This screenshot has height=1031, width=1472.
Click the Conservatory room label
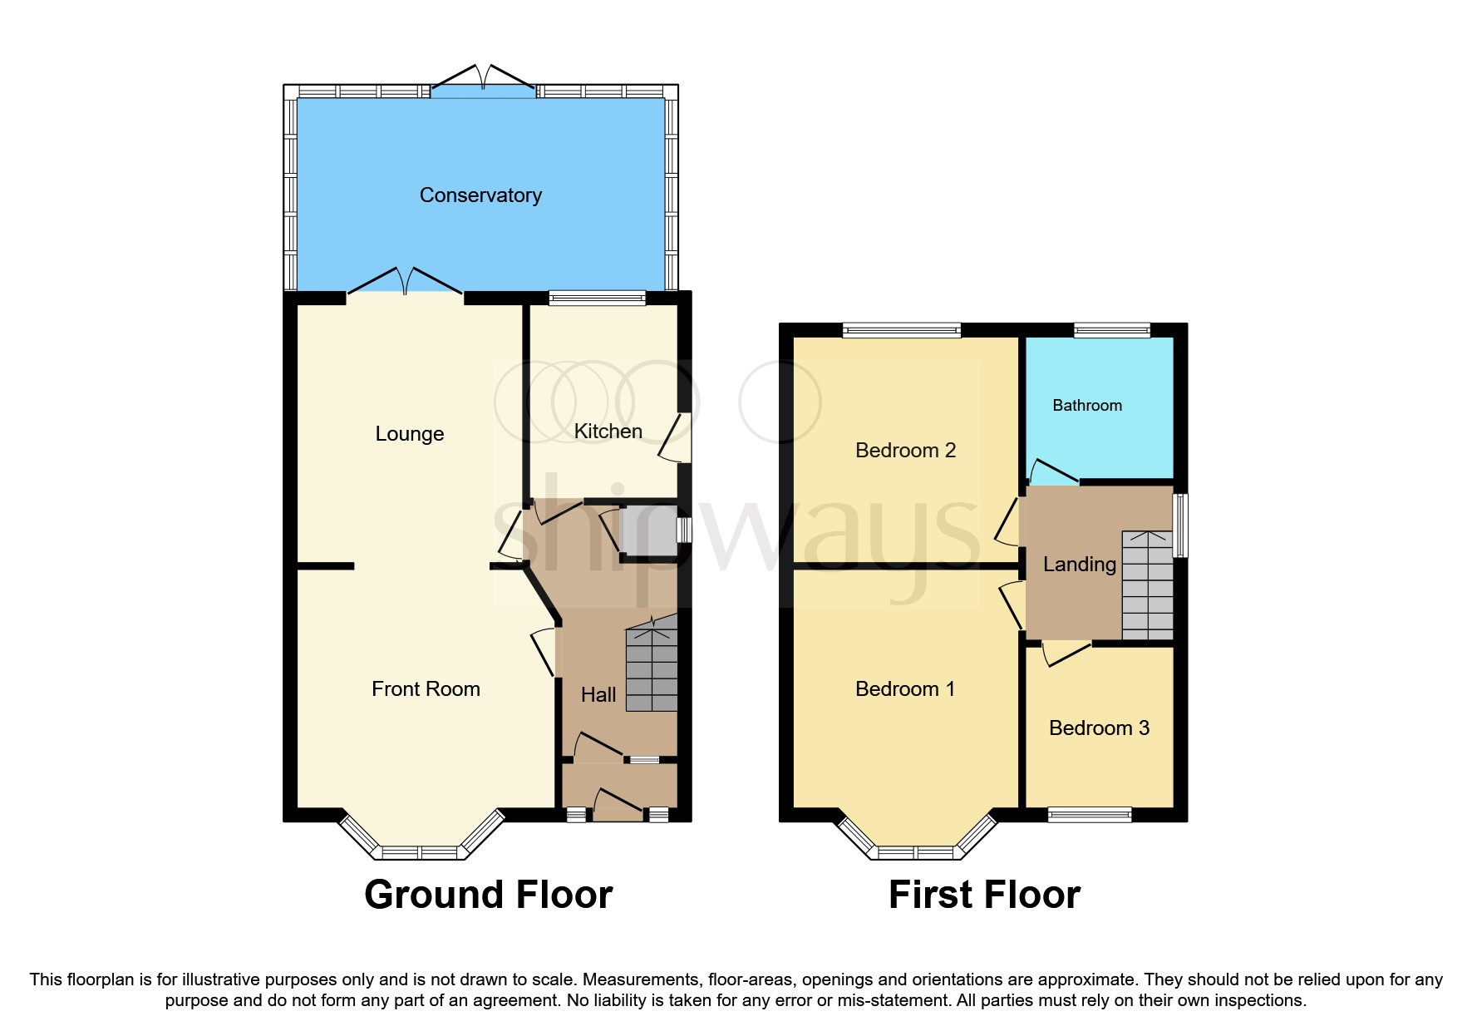[480, 195]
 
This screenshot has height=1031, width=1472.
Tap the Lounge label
[409, 434]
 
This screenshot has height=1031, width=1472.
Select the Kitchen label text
[608, 432]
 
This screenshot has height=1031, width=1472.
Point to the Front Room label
[426, 689]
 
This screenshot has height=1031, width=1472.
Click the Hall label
[598, 695]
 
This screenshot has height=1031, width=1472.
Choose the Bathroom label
[1086, 406]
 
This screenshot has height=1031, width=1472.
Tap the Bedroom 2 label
[905, 451]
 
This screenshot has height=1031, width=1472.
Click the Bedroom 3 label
[1099, 728]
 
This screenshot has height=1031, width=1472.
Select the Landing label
[1079, 565]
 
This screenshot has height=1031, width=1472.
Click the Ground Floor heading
[488, 895]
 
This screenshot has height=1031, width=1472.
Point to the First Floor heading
[984, 895]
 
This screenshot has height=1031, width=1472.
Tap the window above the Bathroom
[1111, 331]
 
